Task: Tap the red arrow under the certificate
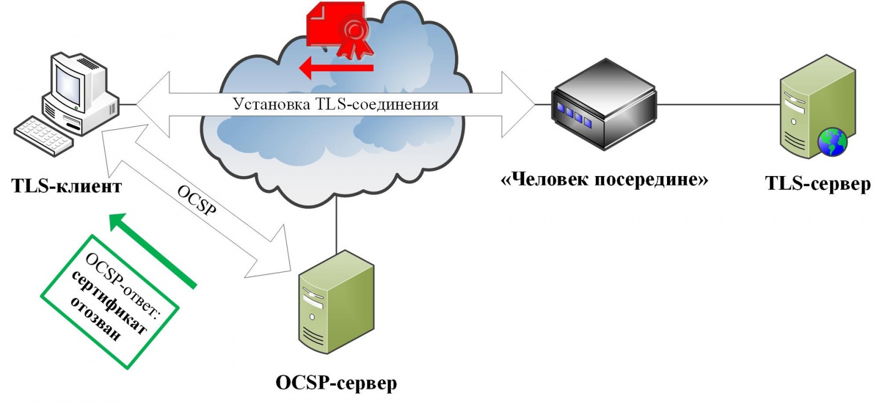(x=336, y=68)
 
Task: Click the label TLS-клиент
(x=66, y=186)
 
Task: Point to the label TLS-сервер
(x=818, y=184)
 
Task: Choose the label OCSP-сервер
(x=336, y=382)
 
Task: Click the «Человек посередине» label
(x=604, y=179)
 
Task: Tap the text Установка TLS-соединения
(x=335, y=104)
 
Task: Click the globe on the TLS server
(x=832, y=142)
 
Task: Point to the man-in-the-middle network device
(x=605, y=105)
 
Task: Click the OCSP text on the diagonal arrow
(x=197, y=199)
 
